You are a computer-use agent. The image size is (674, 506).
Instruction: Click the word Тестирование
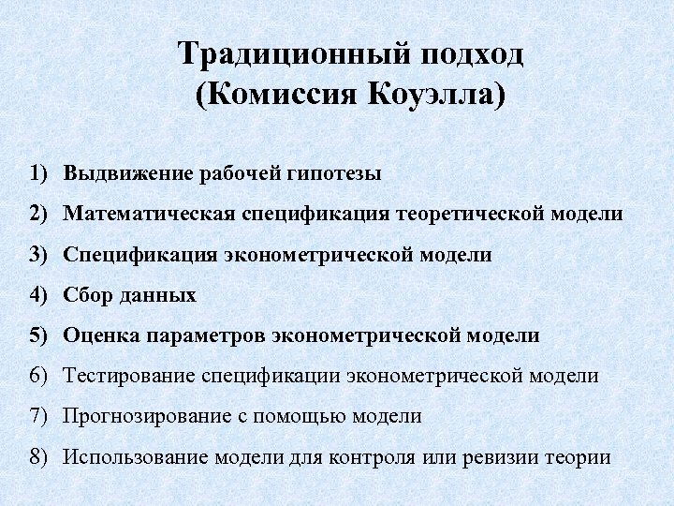[128, 375]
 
